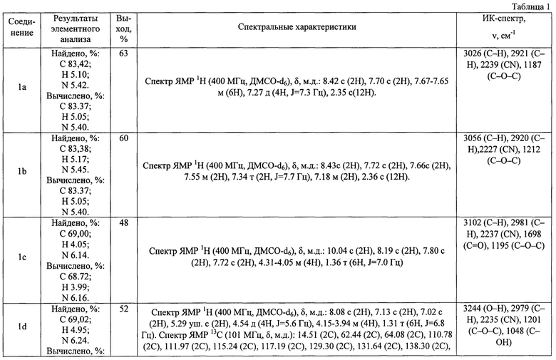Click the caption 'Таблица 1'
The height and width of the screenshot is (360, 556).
[530, 6]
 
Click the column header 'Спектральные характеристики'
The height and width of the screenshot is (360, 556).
[297, 27]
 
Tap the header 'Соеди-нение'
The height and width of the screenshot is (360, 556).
[21, 27]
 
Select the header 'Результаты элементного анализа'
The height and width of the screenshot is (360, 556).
[75, 29]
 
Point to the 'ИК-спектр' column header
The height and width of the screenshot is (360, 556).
[503, 19]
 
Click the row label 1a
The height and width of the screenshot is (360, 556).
[22, 87]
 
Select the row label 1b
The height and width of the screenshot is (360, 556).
[22, 171]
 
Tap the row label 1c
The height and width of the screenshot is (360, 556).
[22, 257]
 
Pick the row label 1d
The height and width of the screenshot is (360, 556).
[22, 326]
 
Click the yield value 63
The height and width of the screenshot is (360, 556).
[123, 53]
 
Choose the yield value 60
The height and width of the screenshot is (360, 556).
[123, 138]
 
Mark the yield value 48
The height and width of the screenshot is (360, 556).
[123, 223]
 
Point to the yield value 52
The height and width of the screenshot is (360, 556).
[123, 309]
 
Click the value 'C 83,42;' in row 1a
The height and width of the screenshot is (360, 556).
[75, 64]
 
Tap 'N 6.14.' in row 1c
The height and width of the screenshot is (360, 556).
[75, 255]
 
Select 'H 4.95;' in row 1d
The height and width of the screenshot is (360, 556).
[75, 330]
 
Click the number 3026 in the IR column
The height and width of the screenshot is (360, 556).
[473, 53]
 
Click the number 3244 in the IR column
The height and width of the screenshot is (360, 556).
[473, 309]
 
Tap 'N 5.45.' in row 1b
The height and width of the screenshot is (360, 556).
[75, 170]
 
